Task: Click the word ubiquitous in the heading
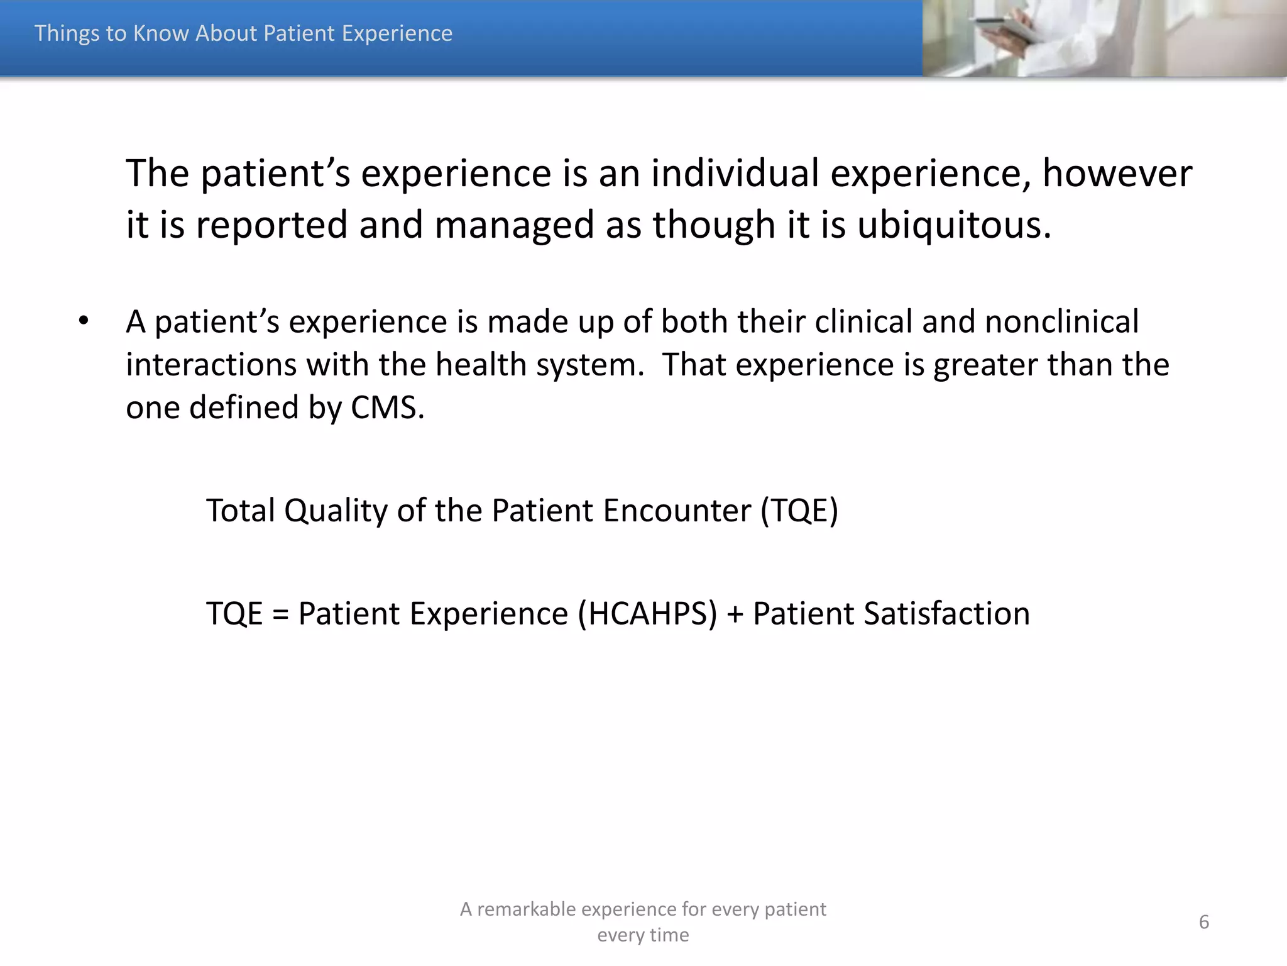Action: point(954,225)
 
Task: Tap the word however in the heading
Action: point(1117,174)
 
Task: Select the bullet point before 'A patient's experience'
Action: point(84,321)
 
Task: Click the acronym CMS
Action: point(387,408)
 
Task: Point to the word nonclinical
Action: point(1061,322)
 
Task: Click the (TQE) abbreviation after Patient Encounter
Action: point(799,511)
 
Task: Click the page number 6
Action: point(1203,922)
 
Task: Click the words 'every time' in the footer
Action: point(643,935)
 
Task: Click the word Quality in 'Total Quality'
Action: point(336,511)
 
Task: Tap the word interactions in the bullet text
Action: point(211,365)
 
